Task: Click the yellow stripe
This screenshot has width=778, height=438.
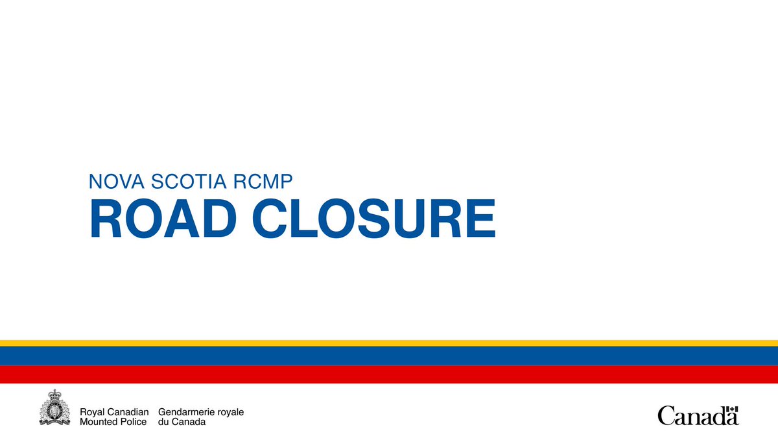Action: (389, 343)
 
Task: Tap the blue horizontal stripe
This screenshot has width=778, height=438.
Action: (389, 355)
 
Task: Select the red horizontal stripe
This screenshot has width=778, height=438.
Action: (389, 374)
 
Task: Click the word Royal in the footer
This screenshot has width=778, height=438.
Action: (91, 412)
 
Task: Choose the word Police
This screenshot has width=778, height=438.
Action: (133, 422)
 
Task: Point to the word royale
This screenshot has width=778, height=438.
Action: (231, 412)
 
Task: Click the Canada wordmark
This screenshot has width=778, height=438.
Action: (698, 415)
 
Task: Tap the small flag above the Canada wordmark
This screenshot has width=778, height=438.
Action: (732, 409)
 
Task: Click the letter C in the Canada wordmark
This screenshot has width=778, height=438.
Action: (665, 416)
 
